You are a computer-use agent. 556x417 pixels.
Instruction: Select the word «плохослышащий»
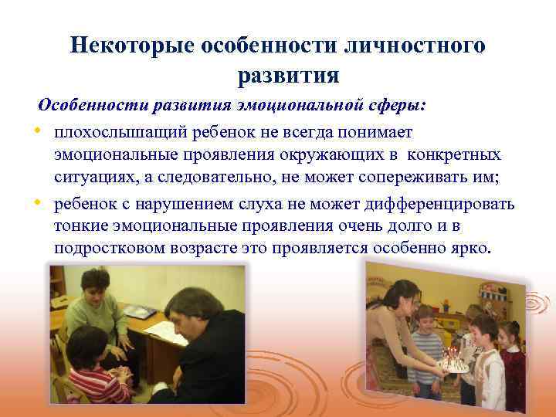click(x=117, y=134)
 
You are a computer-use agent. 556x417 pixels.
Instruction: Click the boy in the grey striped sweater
click(x=425, y=347)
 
